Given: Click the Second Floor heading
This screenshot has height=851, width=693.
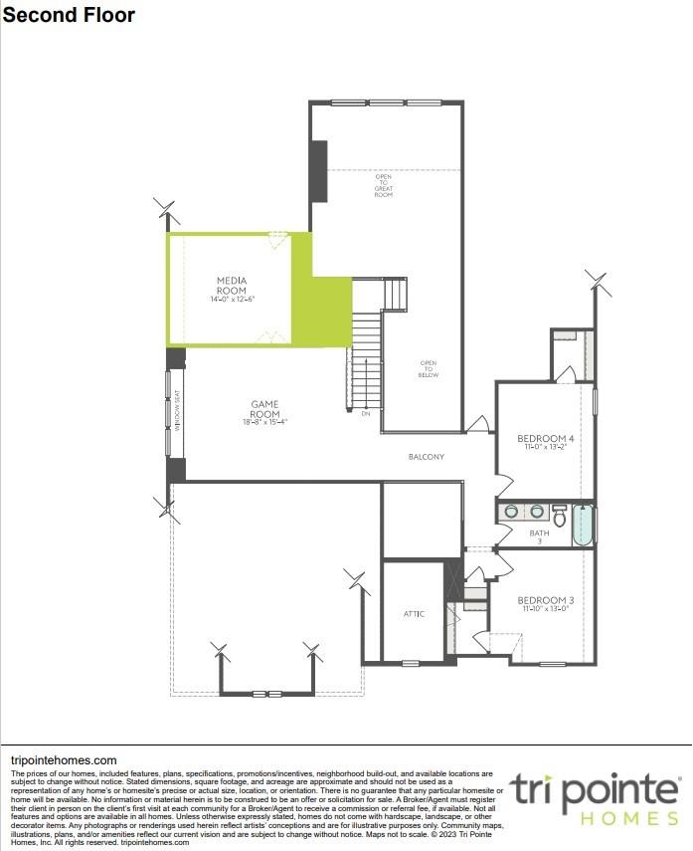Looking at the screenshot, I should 70,15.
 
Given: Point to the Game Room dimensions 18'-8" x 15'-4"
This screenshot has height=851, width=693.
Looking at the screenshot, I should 264,422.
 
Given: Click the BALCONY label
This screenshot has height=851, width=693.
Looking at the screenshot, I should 426,457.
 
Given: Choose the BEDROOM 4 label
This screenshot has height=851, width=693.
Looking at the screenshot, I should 545,439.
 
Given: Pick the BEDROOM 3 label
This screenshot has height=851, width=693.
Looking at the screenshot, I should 545,600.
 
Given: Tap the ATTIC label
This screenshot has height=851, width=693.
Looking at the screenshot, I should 414,614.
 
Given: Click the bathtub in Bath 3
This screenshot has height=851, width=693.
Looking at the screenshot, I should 583,525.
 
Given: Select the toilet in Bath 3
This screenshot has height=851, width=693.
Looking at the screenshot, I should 560,517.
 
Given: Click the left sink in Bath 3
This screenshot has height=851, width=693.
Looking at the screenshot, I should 511,512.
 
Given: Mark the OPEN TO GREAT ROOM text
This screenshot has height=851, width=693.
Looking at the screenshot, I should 383,186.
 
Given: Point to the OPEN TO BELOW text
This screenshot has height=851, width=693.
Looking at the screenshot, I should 428,368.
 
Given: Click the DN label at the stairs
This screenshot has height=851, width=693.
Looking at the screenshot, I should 366,413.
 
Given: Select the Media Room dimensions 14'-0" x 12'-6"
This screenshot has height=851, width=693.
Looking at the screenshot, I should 232,300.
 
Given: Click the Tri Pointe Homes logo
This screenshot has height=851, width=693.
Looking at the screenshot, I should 595,800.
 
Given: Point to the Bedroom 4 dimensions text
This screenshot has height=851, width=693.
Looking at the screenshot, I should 545,448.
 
